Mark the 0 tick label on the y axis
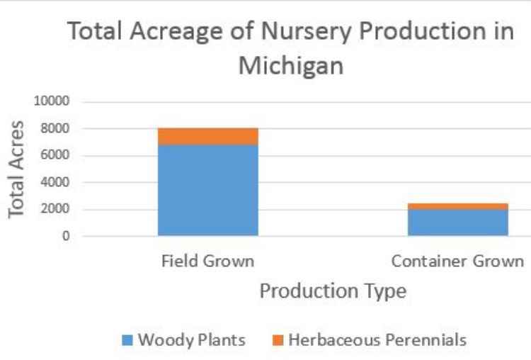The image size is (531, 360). (x=66, y=236)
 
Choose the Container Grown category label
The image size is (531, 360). (x=457, y=261)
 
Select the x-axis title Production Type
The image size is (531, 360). (x=333, y=291)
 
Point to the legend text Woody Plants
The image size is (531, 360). (x=191, y=340)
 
